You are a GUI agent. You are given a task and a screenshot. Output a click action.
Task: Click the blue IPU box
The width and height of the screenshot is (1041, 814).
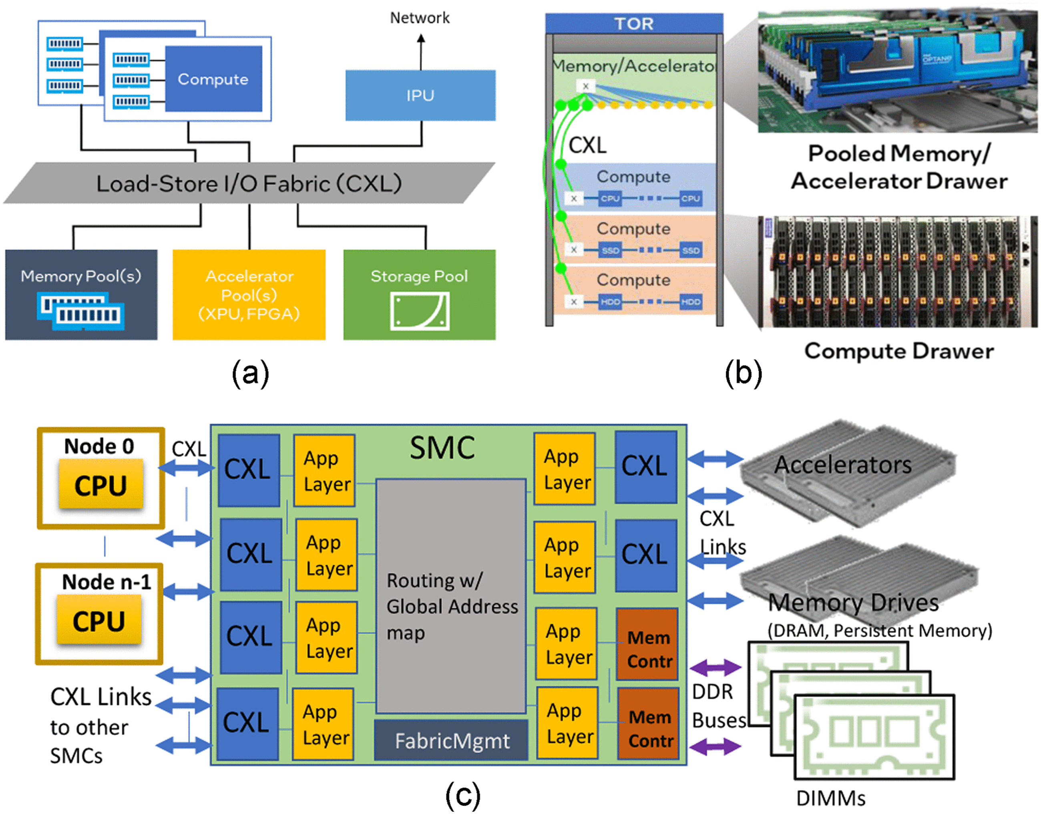pyautogui.click(x=420, y=95)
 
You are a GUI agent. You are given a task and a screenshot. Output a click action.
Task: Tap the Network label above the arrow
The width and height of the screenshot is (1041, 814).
pyautogui.click(x=420, y=18)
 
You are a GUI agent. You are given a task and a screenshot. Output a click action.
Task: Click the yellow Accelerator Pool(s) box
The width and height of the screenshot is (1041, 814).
pyautogui.click(x=249, y=295)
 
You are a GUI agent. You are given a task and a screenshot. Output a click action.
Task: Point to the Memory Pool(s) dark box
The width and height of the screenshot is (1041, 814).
pyautogui.click(x=81, y=295)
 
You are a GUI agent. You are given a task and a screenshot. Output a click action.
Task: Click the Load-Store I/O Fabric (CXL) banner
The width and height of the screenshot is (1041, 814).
pyautogui.click(x=249, y=183)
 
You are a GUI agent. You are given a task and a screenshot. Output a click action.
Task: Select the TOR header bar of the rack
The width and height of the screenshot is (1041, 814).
pyautogui.click(x=633, y=23)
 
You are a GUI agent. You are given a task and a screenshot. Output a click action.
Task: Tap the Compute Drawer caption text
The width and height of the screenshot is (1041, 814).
pyautogui.click(x=899, y=351)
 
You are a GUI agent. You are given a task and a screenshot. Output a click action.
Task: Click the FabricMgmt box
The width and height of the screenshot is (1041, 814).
pyautogui.click(x=451, y=741)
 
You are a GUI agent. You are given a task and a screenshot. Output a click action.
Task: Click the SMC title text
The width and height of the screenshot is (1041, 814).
pyautogui.click(x=442, y=448)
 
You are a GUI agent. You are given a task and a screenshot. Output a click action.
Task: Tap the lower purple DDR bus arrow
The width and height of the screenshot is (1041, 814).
pyautogui.click(x=715, y=746)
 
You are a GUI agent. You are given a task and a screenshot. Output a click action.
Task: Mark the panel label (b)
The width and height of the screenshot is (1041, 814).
pyautogui.click(x=743, y=373)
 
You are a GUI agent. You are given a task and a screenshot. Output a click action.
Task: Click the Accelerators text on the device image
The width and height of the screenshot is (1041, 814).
pyautogui.click(x=842, y=465)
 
